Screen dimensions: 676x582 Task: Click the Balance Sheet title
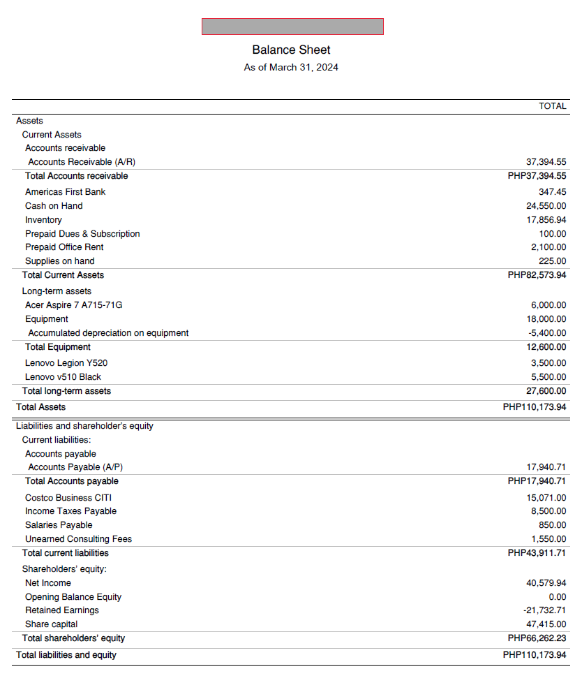pos(291,50)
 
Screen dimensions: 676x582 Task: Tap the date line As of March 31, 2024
pos(291,68)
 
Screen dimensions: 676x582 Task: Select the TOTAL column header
pos(552,106)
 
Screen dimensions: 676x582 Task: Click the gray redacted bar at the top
pos(292,27)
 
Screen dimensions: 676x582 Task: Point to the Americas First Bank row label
pos(65,192)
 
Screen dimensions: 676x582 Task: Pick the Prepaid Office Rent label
pos(64,247)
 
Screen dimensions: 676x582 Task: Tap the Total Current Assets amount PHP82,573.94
pos(537,275)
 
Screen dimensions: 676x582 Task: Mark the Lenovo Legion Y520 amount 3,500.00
pos(549,363)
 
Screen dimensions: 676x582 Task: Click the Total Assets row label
pos(40,407)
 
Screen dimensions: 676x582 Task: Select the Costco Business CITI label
pos(68,498)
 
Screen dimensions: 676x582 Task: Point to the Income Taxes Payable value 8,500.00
pos(549,511)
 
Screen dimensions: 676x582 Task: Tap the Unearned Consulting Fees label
pos(78,539)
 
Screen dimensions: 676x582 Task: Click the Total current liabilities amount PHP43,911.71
pos(537,553)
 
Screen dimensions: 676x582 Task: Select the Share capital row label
pos(51,624)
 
